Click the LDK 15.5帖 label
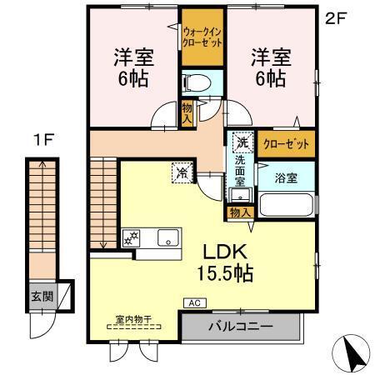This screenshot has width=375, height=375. click(220, 262)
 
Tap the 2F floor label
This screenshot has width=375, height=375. click(335, 17)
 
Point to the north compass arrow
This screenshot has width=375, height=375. click(353, 352)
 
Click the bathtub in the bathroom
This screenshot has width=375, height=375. click(286, 205)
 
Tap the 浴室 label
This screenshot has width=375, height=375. click(286, 176)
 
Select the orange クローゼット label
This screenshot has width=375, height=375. click(286, 143)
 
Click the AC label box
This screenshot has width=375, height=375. click(193, 302)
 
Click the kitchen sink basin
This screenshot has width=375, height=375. click(168, 237)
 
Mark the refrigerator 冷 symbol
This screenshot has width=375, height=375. click(182, 173)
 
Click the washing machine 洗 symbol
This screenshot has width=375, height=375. click(242, 141)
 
